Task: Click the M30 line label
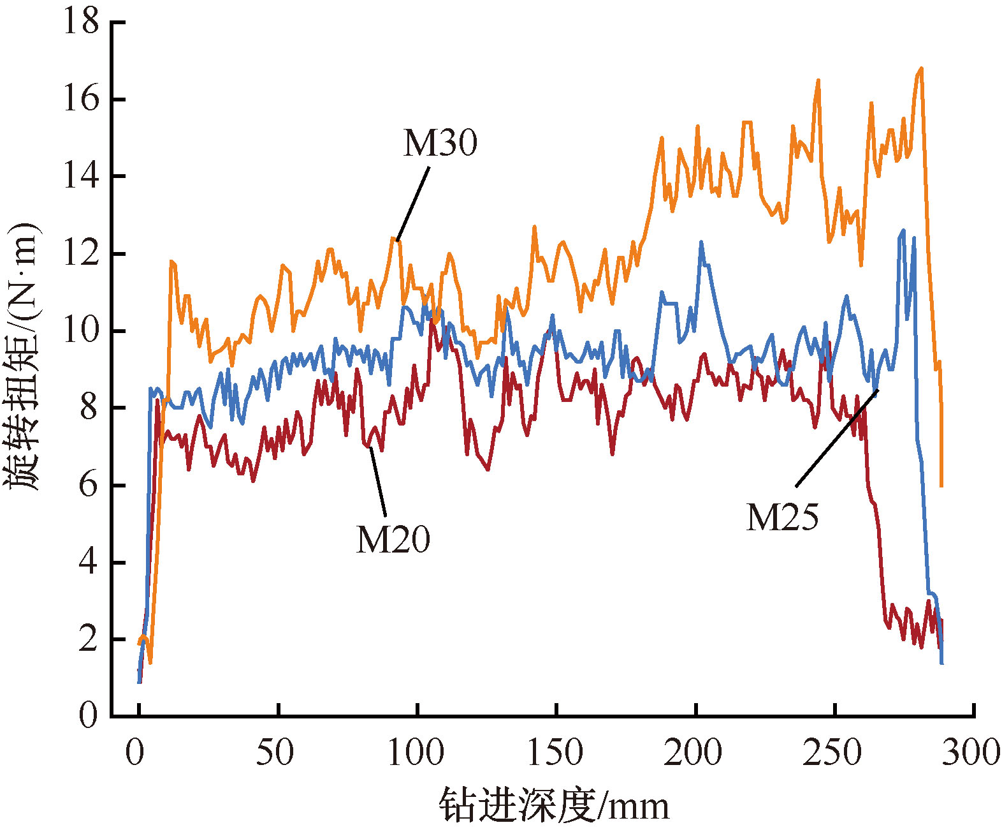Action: [x=440, y=143]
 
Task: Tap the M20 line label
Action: [x=393, y=540]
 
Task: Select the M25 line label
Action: [x=782, y=517]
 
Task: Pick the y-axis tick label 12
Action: [x=81, y=253]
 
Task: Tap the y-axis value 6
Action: [x=89, y=485]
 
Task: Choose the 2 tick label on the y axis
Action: [x=89, y=639]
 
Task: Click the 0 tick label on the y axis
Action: [x=89, y=715]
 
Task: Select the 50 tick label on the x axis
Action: [x=275, y=752]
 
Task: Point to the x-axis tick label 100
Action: [x=416, y=752]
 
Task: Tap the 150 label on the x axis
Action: [x=555, y=752]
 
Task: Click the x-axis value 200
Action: [x=693, y=752]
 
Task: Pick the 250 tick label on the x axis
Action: [x=832, y=752]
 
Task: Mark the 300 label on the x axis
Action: [x=971, y=752]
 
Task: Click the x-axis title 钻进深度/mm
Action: [x=554, y=806]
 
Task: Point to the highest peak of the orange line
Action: [x=921, y=68]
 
